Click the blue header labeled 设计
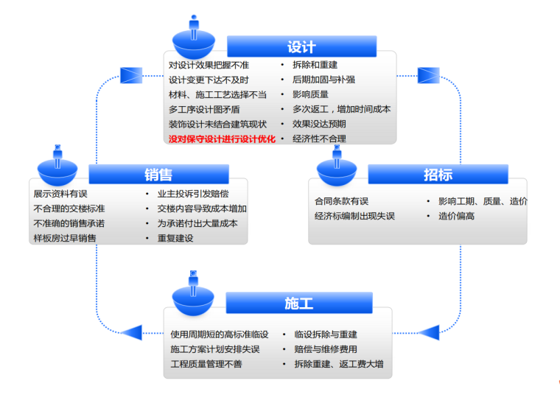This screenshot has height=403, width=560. (301, 46)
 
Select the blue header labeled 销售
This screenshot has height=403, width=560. (158, 174)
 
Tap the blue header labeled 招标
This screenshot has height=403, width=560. (438, 174)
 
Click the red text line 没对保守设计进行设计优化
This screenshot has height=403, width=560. (222, 139)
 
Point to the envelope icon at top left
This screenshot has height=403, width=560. (130, 74)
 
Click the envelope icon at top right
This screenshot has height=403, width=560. (428, 74)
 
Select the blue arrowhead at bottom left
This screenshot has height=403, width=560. (132, 332)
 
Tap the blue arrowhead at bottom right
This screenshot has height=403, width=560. (428, 332)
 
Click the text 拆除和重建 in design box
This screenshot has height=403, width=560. (316, 65)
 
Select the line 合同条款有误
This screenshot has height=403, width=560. (342, 201)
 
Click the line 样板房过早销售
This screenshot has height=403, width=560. (65, 238)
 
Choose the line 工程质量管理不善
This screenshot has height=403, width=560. (206, 364)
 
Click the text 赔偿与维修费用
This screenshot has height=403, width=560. (326, 349)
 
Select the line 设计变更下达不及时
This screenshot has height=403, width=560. (209, 80)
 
